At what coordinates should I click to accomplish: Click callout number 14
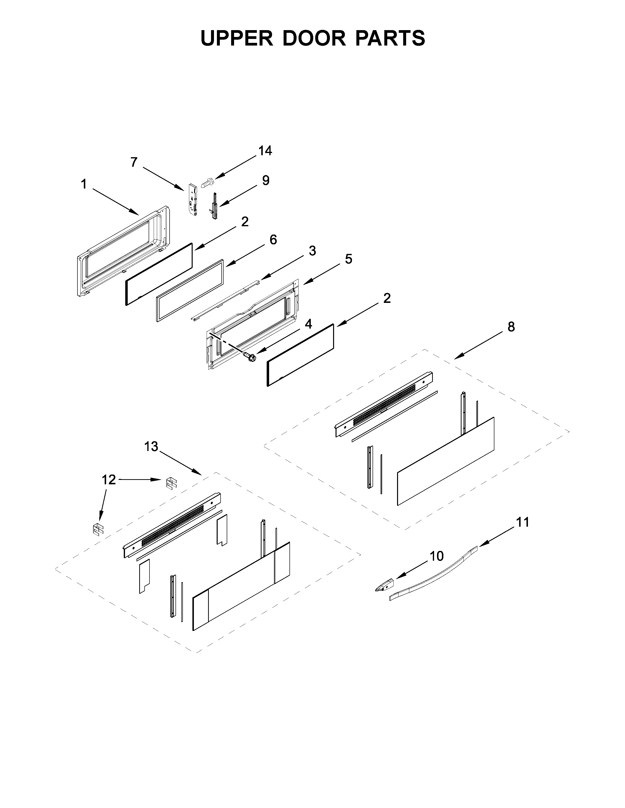[x=265, y=151]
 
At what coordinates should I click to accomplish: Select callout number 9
[x=265, y=180]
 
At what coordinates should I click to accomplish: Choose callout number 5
[x=349, y=259]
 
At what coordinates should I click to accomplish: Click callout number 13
[x=151, y=447]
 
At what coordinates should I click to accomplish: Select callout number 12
[x=109, y=480]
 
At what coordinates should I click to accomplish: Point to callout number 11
[x=523, y=523]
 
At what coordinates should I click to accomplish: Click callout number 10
[x=437, y=556]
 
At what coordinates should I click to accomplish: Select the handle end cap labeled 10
[x=384, y=586]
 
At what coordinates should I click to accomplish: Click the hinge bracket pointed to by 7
[x=192, y=200]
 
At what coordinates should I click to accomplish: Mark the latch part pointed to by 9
[x=214, y=206]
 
